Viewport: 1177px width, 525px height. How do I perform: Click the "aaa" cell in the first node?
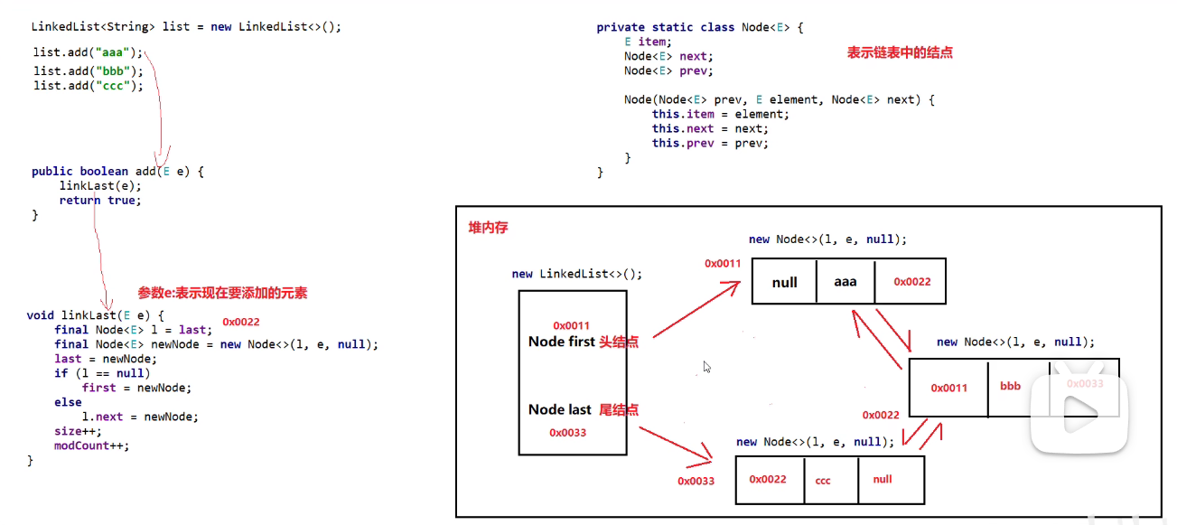845,282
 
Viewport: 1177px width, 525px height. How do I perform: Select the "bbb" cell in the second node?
1010,387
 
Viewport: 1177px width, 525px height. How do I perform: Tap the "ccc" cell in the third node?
823,481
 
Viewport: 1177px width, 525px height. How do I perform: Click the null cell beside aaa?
784,282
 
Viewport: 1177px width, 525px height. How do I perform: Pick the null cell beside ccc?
883,479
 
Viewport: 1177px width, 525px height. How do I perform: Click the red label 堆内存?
488,228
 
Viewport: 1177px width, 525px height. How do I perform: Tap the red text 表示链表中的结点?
900,52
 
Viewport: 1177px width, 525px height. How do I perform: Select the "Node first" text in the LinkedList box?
562,342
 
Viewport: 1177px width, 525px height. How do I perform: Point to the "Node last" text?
560,409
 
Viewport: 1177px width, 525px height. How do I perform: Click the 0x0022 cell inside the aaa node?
911,282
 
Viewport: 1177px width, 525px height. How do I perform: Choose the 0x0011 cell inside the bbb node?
948,388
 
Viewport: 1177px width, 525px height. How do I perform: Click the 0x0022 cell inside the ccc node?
768,480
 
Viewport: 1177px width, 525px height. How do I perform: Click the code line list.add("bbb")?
89,70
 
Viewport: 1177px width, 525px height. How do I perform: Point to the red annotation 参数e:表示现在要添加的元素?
222,293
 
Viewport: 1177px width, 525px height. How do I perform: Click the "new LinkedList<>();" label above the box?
577,274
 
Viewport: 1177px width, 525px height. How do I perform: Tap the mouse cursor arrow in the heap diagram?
707,367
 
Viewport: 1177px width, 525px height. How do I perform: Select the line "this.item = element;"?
720,114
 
